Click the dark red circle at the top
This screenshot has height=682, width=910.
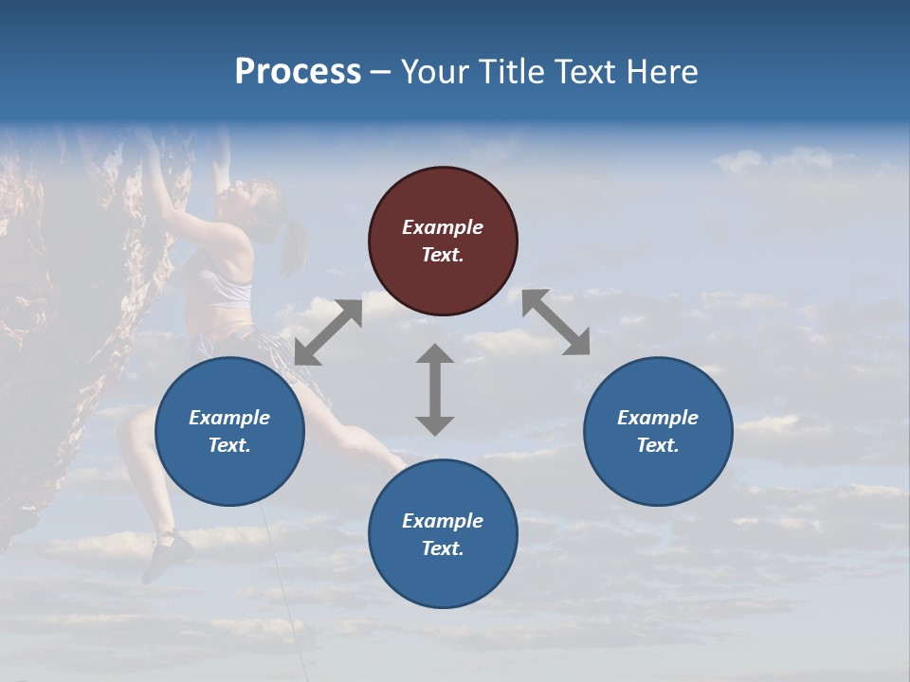[x=443, y=242]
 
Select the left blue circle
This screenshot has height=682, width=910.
[x=229, y=431]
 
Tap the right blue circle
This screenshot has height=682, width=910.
[x=658, y=431]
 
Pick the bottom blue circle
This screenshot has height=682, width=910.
[x=443, y=534]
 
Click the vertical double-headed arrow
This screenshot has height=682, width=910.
[x=435, y=389]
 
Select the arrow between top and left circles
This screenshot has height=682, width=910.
[x=328, y=332]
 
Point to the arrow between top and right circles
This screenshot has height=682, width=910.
[x=555, y=322]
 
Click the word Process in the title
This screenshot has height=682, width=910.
[x=298, y=71]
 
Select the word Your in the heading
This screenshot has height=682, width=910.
[x=431, y=71]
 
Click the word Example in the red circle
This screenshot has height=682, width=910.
[x=443, y=227]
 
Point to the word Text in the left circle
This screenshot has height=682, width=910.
[x=229, y=445]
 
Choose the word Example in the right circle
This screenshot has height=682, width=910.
[x=658, y=417]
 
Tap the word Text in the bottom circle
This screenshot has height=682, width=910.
[x=443, y=548]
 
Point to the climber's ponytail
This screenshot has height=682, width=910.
[x=294, y=246]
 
